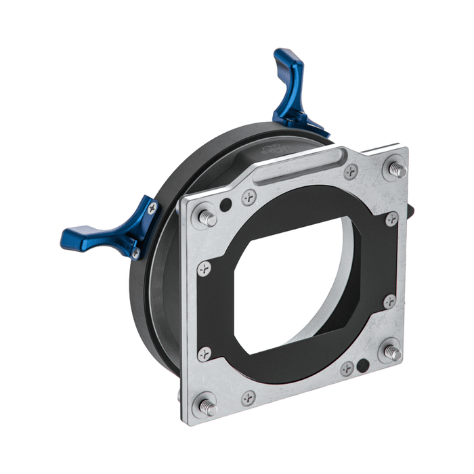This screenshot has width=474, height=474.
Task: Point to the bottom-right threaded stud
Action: tap(392, 351)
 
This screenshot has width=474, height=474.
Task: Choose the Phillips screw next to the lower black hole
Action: tap(347, 366)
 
